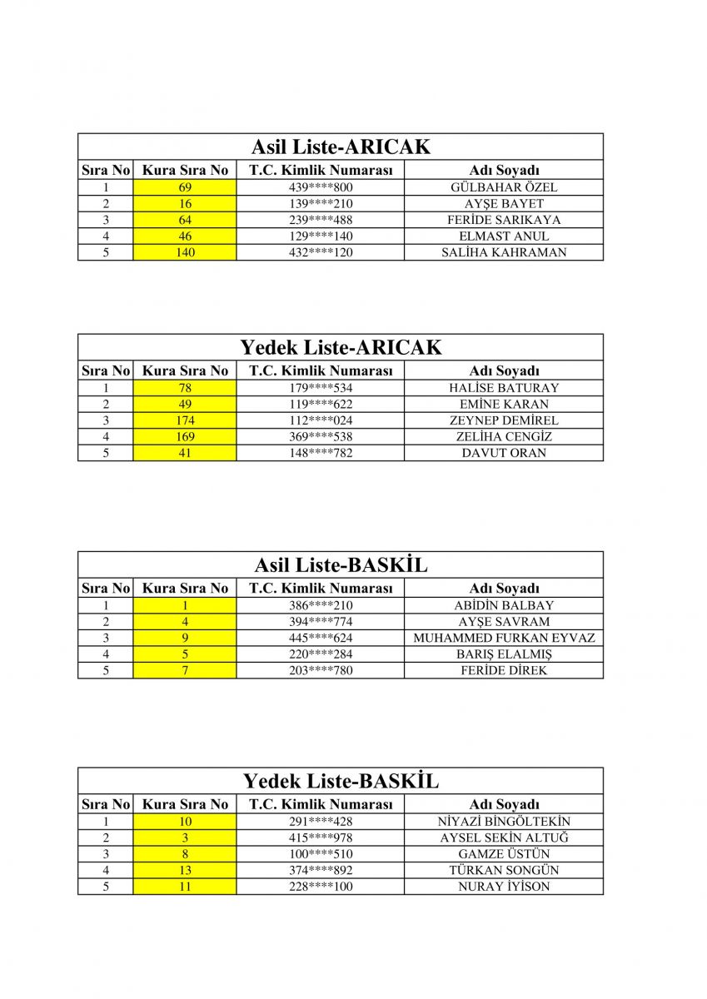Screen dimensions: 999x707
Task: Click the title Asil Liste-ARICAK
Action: pyautogui.click(x=341, y=147)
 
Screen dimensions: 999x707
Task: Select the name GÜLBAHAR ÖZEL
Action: pyautogui.click(x=504, y=187)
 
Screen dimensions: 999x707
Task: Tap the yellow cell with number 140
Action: pyautogui.click(x=185, y=252)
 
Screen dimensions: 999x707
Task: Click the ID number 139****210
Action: pyautogui.click(x=321, y=204)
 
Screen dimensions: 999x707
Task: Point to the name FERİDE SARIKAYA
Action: pyautogui.click(x=504, y=220)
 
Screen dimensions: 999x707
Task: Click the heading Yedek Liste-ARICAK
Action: pyautogui.click(x=341, y=348)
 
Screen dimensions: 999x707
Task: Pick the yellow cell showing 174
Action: pyautogui.click(x=185, y=420)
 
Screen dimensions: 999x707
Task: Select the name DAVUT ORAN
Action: pyautogui.click(x=504, y=453)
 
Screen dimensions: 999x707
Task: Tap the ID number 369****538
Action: pyautogui.click(x=321, y=437)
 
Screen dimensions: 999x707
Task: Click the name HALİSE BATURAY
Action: pyautogui.click(x=504, y=388)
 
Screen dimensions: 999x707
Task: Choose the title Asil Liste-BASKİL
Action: pyautogui.click(x=341, y=565)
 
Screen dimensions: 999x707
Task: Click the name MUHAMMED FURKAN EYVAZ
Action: pyautogui.click(x=504, y=638)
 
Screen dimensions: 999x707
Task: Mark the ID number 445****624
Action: pyautogui.click(x=321, y=638)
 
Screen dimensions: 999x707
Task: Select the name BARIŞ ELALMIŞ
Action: pyautogui.click(x=504, y=654)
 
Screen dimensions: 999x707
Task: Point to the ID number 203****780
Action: pyautogui.click(x=321, y=670)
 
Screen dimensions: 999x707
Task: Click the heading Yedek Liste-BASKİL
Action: pyautogui.click(x=341, y=782)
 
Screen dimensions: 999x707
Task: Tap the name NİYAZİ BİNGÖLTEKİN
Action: pyautogui.click(x=504, y=822)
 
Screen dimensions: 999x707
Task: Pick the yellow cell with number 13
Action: pyautogui.click(x=185, y=870)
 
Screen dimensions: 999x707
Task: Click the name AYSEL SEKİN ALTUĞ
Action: pyautogui.click(x=504, y=837)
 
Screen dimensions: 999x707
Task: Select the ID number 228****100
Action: pyautogui.click(x=321, y=887)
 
